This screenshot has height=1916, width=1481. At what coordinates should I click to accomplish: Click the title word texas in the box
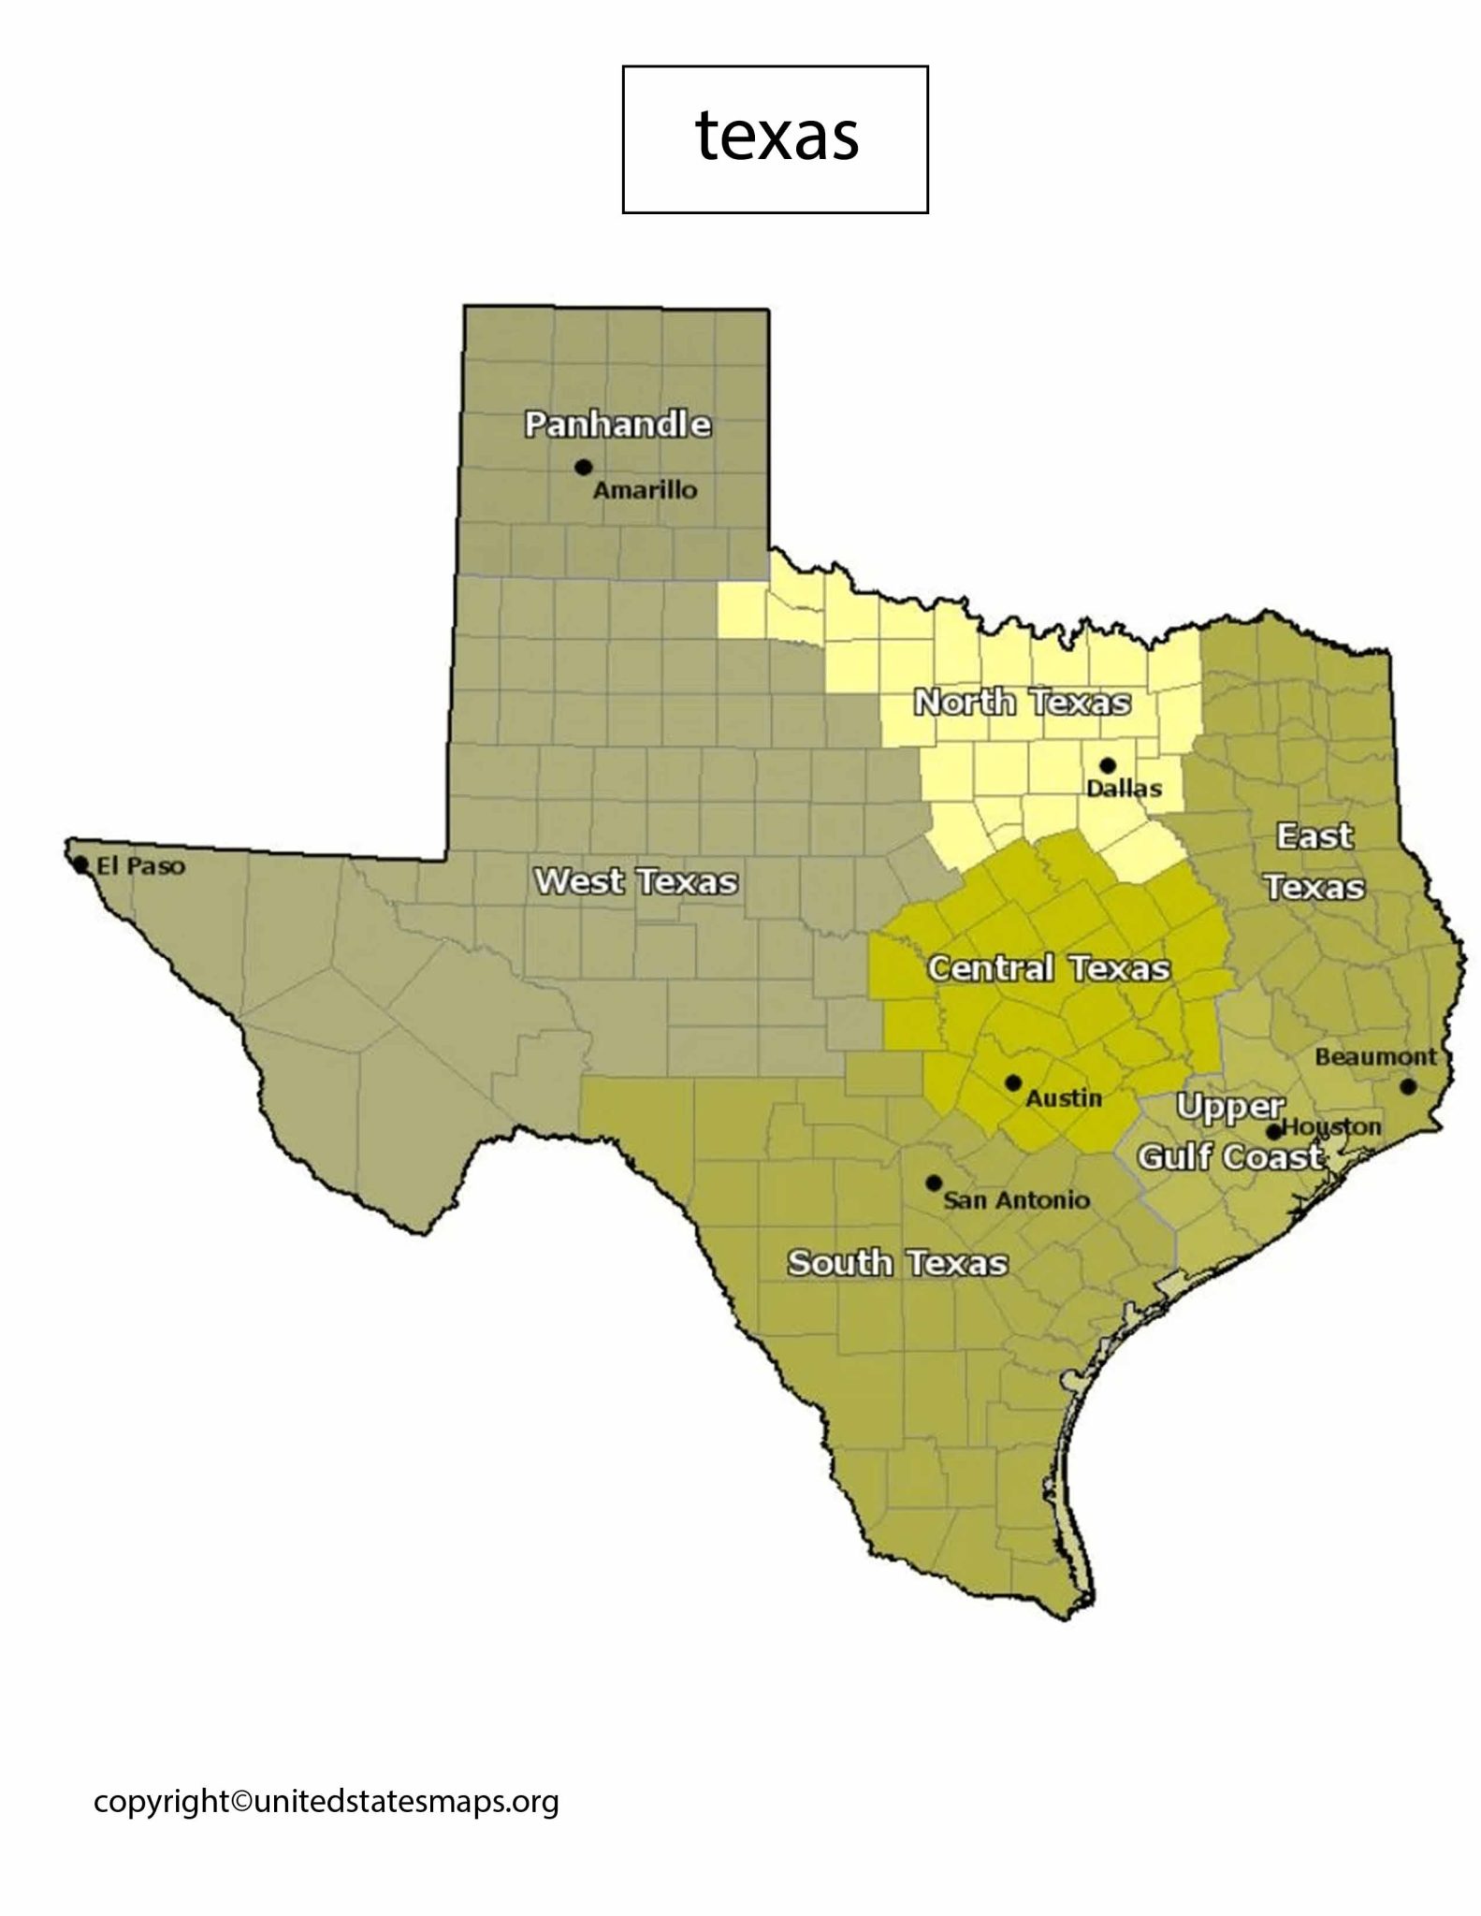[777, 137]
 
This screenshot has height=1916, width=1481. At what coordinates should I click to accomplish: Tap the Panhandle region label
[617, 425]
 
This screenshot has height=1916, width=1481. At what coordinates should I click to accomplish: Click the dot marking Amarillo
[584, 467]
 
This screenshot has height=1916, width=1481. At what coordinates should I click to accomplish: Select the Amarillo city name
[646, 489]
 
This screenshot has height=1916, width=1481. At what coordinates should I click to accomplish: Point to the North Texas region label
[1022, 702]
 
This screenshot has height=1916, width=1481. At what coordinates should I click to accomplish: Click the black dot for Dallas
[1108, 764]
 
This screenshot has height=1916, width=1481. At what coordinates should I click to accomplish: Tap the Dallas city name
[1124, 788]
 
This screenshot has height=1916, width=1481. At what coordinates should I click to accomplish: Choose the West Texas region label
[635, 881]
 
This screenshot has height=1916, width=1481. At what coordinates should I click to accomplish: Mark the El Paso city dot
[81, 864]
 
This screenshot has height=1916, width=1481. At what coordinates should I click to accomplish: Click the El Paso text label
[140, 866]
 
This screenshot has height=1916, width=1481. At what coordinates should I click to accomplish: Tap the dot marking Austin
[1013, 1082]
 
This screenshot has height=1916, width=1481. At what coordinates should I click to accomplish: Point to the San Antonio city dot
[933, 1183]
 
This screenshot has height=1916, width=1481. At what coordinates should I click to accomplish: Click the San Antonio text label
[1016, 1200]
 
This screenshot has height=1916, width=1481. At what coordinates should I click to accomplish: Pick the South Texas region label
[897, 1263]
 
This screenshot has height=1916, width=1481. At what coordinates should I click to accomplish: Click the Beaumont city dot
[1408, 1086]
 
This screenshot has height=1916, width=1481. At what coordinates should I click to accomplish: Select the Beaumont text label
[1375, 1057]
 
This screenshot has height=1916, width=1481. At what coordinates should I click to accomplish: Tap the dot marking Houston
[1273, 1132]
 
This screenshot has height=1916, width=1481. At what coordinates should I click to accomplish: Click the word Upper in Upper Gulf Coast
[1229, 1107]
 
